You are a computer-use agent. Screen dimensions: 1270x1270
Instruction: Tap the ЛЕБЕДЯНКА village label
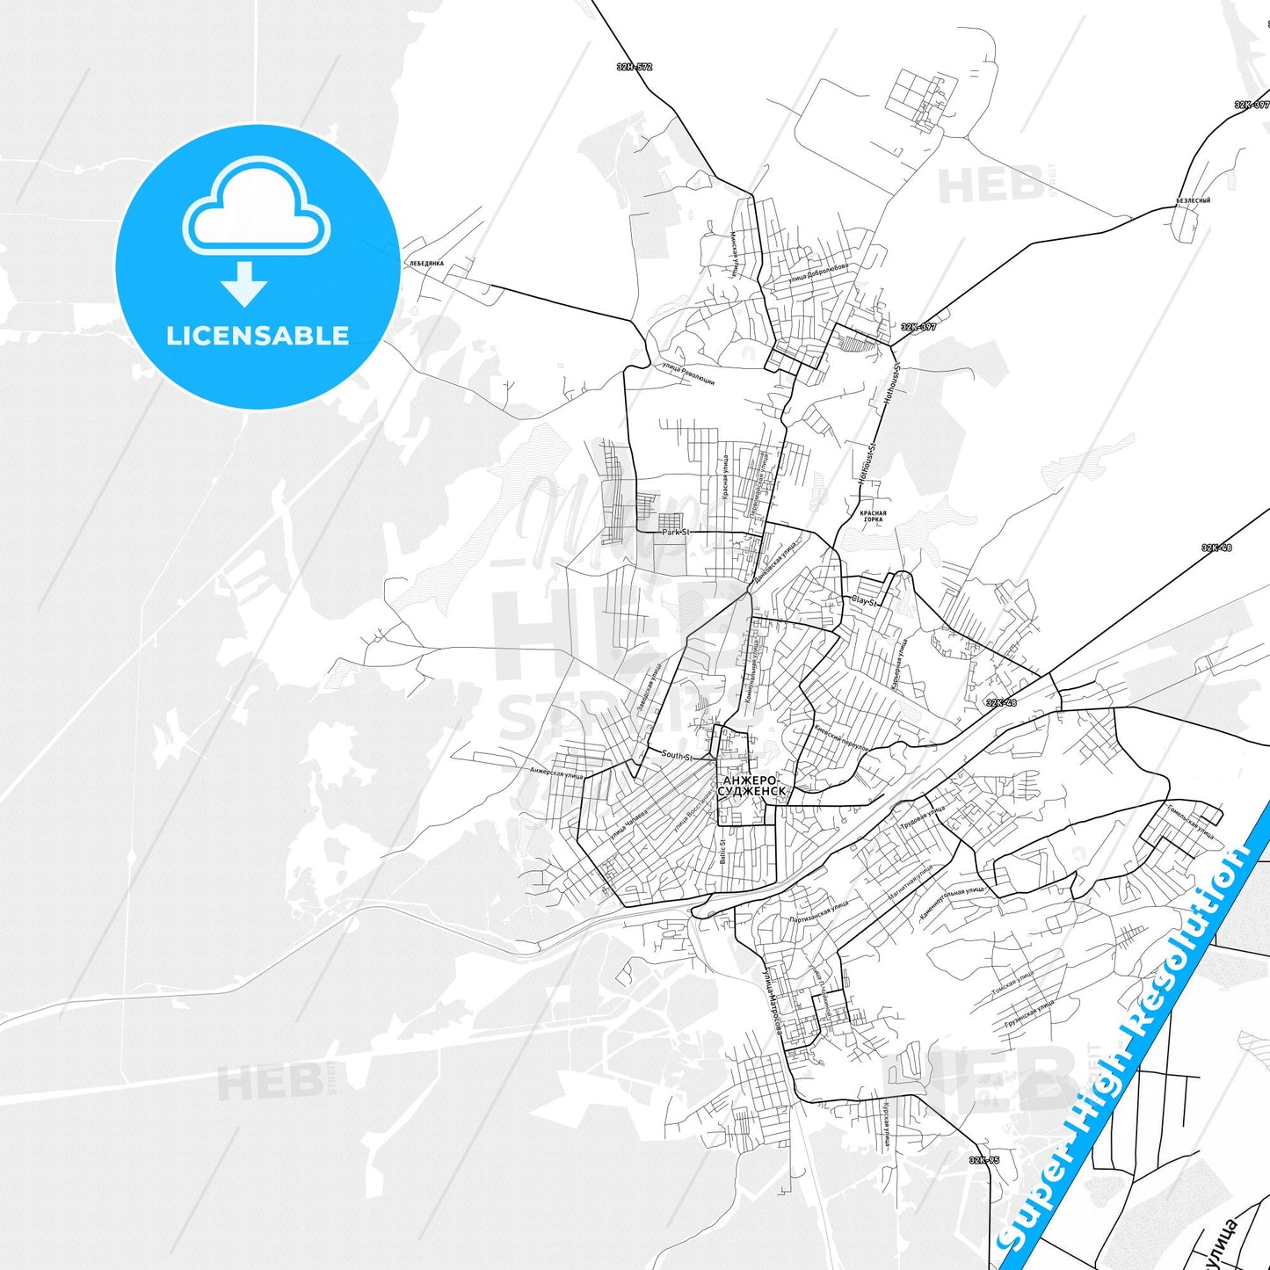coord(426,264)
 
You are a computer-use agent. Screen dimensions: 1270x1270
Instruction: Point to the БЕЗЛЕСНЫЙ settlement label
coord(1194,200)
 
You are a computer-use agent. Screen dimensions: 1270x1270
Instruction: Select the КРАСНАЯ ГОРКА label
coord(873,516)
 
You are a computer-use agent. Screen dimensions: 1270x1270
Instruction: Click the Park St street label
coord(676,533)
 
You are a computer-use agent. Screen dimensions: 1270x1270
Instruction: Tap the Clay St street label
coord(863,601)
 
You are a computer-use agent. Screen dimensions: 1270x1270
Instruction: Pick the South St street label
coord(677,755)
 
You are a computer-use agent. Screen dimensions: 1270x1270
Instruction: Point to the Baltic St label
coord(723,851)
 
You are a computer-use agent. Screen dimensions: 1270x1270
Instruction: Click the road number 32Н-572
coord(634,67)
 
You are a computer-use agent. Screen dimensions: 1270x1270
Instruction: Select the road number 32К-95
coord(984,1160)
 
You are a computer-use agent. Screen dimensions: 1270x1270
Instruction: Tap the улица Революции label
coord(688,375)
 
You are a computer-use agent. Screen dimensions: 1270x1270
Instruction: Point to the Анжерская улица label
coord(557,773)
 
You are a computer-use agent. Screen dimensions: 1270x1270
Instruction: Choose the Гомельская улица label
coord(1192,823)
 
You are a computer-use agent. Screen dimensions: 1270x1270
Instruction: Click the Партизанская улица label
coord(819,912)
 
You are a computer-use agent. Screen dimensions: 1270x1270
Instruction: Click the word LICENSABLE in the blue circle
coord(258,336)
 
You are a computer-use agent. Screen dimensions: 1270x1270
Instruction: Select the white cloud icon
coord(257,208)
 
